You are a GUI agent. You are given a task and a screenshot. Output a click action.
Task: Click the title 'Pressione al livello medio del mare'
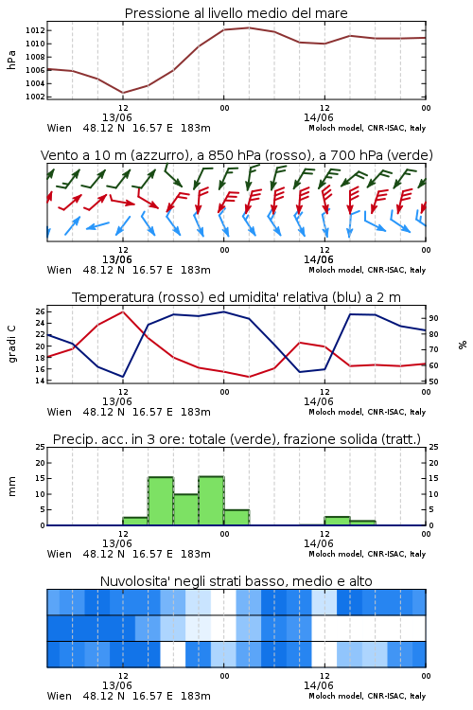tap(236, 13)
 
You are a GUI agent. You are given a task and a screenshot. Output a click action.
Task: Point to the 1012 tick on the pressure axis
tap(35, 30)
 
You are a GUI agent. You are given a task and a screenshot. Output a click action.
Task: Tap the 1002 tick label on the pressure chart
tap(35, 97)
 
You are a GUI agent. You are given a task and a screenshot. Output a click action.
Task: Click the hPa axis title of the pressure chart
tap(11, 60)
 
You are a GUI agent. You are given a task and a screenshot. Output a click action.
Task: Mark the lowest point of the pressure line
tap(123, 93)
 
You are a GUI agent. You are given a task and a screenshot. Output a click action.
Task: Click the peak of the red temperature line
tap(123, 312)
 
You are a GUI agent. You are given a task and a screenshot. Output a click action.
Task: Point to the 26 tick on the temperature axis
tap(40, 311)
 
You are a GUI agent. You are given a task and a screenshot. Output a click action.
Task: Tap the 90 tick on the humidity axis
tap(433, 318)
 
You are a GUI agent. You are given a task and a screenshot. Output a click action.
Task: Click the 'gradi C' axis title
tap(11, 344)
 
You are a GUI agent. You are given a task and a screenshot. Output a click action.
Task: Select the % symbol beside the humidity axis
tap(463, 345)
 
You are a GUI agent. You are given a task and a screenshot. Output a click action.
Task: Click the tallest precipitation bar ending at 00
tap(211, 501)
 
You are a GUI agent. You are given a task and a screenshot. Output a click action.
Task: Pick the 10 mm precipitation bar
tap(186, 509)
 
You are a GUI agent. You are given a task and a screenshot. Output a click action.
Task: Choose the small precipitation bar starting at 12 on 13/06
tap(135, 522)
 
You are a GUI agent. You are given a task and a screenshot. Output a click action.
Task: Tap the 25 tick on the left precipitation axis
tap(41, 447)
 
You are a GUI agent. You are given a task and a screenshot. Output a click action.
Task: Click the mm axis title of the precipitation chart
tap(11, 487)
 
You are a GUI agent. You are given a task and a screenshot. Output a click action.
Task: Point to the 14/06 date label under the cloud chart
tap(318, 685)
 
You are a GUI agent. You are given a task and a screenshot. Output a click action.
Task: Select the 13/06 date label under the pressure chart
tap(116, 117)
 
